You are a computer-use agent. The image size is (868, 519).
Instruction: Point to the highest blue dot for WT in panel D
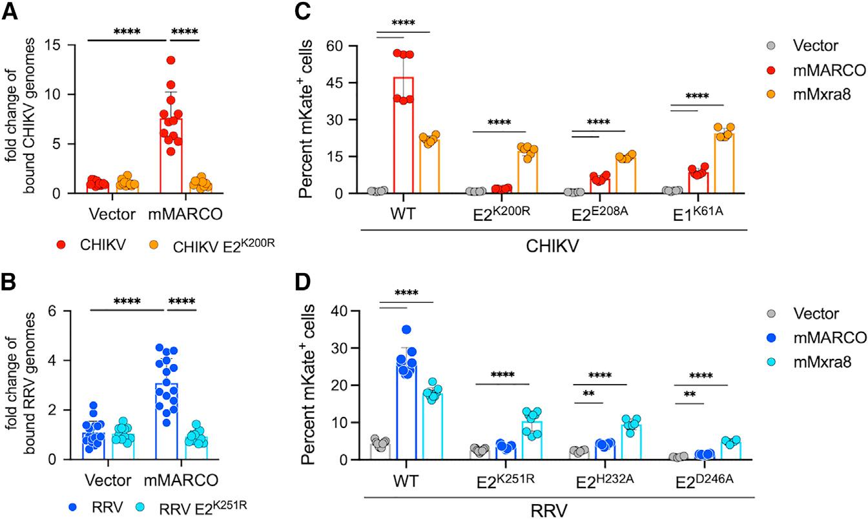(406, 330)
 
